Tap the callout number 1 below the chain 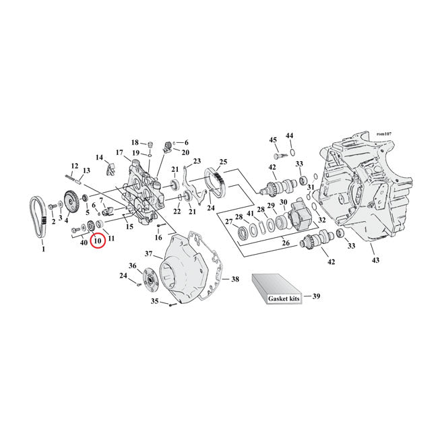pyautogui.click(x=43, y=249)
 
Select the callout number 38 pyautogui.click(x=235, y=278)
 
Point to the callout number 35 pyautogui.click(x=155, y=302)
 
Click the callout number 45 pyautogui.click(x=273, y=140)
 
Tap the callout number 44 pyautogui.click(x=290, y=136)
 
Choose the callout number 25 pyautogui.click(x=223, y=162)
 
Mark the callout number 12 pyautogui.click(x=75, y=166)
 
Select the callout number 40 pyautogui.click(x=84, y=242)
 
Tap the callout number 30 pyautogui.click(x=284, y=203)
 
